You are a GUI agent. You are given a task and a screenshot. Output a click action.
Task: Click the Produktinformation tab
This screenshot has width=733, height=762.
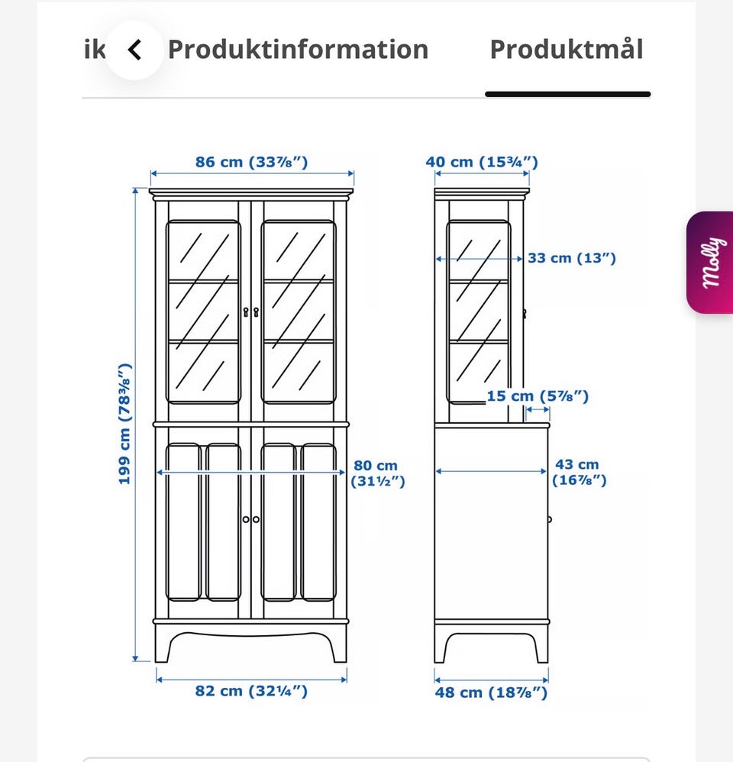[298, 50]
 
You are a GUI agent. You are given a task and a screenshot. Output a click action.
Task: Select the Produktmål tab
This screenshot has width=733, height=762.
[567, 50]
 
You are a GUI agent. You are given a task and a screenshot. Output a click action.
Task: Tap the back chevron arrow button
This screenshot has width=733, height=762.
[134, 50]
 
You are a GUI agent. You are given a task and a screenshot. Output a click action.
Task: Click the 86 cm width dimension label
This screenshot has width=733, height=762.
[252, 162]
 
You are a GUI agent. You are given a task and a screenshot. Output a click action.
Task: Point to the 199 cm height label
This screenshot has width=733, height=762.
[125, 424]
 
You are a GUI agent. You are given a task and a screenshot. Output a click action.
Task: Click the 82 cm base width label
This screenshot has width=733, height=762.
[251, 690]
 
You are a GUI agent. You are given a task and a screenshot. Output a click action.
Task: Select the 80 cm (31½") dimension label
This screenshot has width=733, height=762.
[377, 473]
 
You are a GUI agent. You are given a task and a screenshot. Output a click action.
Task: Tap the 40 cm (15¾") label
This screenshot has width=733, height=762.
[482, 162]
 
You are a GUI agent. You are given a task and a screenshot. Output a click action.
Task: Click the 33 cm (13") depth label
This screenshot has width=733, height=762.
[572, 257]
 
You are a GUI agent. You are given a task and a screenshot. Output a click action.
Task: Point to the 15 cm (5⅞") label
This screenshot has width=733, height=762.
[538, 396]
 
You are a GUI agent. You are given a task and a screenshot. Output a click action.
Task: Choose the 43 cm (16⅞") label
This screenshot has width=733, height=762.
[579, 472]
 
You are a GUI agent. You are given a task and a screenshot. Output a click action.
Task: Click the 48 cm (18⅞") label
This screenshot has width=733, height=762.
[491, 692]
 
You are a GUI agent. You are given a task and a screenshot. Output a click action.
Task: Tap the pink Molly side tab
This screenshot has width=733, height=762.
[709, 263]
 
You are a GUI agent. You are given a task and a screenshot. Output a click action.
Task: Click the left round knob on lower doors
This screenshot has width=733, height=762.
[246, 519]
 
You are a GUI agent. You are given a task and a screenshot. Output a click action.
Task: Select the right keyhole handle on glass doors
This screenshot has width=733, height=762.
[256, 312]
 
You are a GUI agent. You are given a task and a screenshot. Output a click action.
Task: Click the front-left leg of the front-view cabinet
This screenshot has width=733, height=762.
[163, 644]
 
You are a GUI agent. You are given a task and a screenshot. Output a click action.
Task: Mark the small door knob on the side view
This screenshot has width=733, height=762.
[550, 519]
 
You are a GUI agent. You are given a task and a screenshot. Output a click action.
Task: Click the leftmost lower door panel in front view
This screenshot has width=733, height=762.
[183, 521]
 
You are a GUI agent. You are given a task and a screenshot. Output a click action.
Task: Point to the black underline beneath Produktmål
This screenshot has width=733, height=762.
[568, 94]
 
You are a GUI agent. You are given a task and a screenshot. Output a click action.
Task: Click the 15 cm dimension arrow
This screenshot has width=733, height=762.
[538, 410]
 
